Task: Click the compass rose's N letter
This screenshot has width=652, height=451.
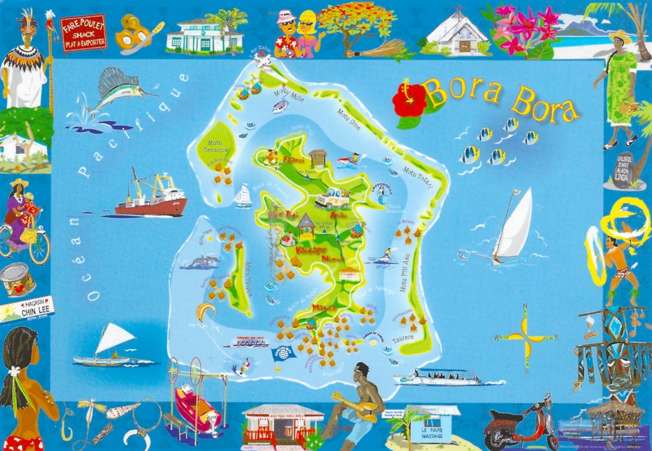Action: coord(525,306)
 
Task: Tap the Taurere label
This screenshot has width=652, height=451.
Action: coord(403,339)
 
